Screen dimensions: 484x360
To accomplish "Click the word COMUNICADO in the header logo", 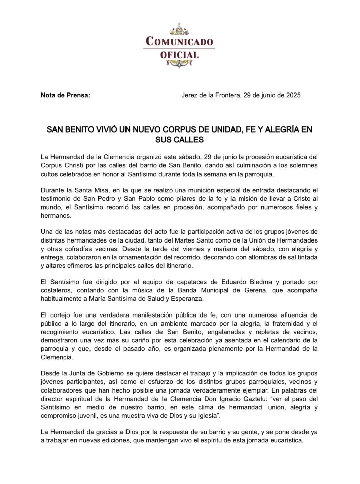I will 179,42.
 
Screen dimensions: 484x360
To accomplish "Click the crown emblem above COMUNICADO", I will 179,30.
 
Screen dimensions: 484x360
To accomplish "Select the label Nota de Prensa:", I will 66,95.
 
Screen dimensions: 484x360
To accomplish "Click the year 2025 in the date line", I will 293,95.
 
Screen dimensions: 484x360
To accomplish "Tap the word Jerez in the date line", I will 189,95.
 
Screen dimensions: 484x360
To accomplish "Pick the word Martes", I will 186,240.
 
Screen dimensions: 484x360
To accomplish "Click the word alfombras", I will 256,257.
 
